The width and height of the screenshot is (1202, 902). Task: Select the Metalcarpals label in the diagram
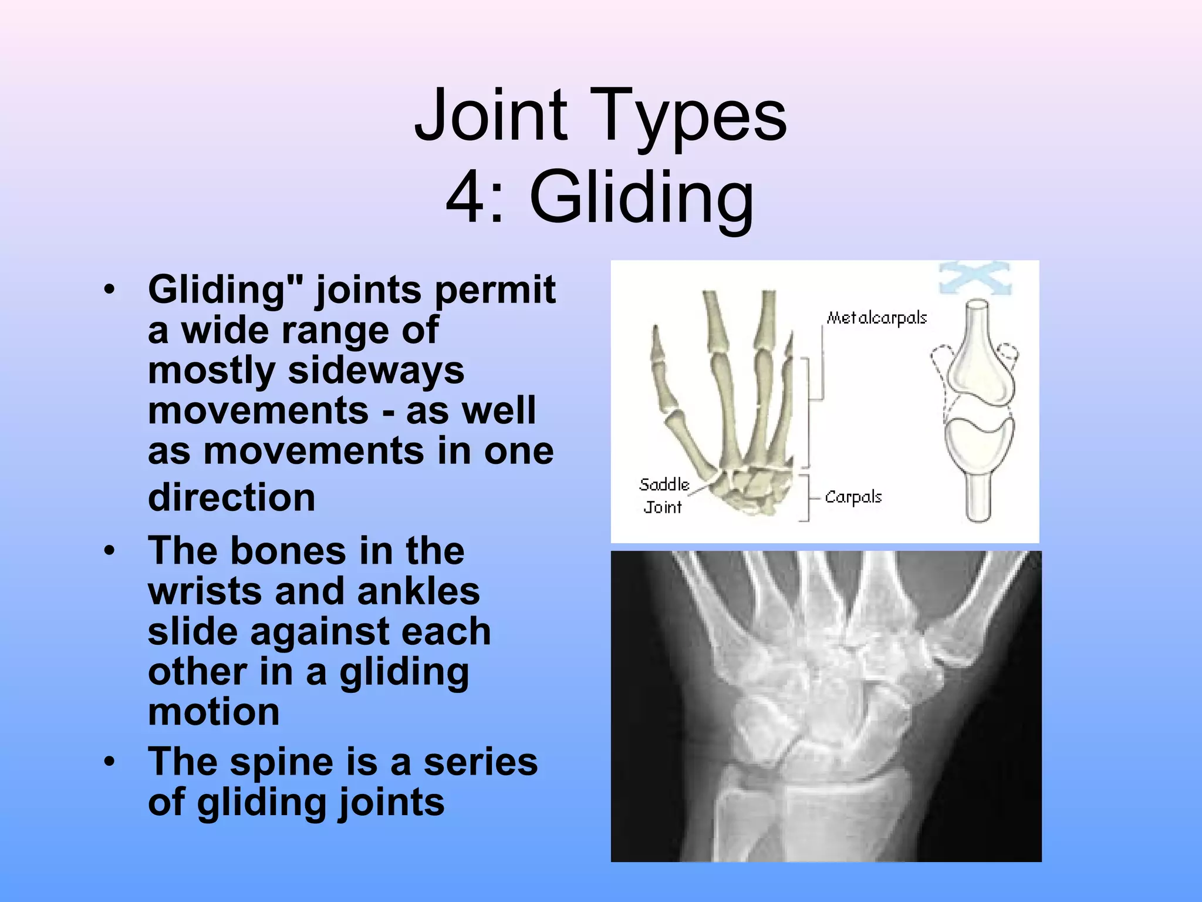tap(876, 318)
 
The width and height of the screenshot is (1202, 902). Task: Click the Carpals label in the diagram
tap(853, 497)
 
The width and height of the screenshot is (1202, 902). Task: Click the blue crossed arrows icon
tap(975, 278)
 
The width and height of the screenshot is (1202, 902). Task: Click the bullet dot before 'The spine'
tap(109, 762)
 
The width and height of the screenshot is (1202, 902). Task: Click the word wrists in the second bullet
tap(205, 591)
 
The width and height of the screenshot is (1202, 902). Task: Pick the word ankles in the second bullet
tap(418, 591)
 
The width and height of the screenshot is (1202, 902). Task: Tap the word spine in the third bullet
tap(282, 762)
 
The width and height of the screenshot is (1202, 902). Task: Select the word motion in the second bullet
tap(214, 712)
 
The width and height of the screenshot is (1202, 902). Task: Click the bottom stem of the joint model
tap(978, 496)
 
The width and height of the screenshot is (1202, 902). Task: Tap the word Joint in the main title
tap(491, 116)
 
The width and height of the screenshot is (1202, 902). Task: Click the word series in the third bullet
tap(480, 762)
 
